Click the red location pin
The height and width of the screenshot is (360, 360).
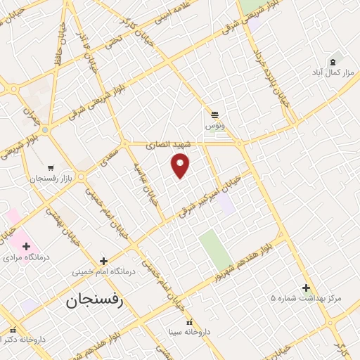tap(181, 166)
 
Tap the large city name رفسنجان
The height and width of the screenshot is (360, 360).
tap(95, 302)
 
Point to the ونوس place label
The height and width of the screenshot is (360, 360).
tap(214, 125)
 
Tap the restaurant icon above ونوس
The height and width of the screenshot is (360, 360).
tap(214, 114)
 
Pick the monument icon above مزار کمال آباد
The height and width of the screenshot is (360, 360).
tap(333, 61)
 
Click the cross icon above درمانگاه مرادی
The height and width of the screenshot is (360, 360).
tap(27, 246)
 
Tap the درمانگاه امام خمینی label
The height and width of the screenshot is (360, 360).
tap(103, 271)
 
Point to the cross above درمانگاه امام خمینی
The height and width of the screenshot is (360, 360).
tap(103, 260)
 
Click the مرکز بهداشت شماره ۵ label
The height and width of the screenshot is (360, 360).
tap(306, 298)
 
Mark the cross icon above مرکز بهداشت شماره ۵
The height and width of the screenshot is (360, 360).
tap(306, 287)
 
